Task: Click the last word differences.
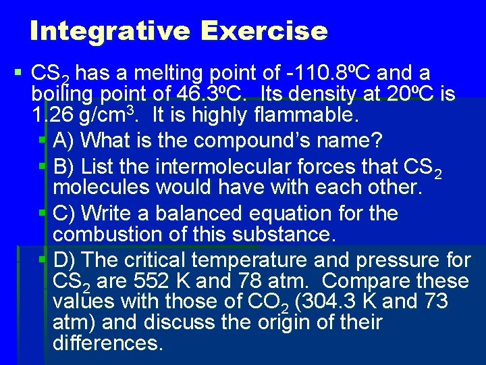click(x=107, y=343)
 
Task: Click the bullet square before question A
click(x=42, y=141)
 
